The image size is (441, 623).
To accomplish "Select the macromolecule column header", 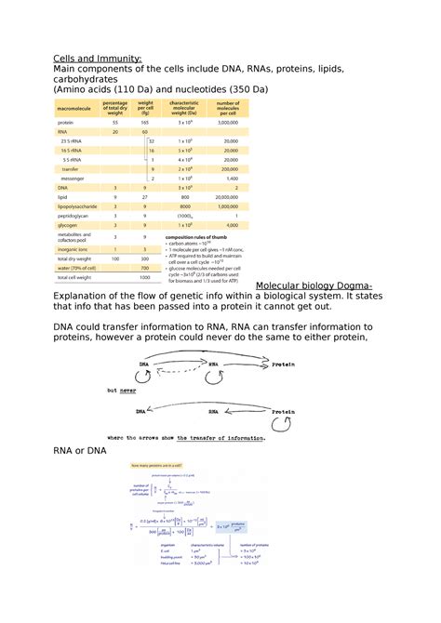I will [x=73, y=107].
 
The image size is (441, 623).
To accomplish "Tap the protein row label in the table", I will [x=66, y=123].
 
